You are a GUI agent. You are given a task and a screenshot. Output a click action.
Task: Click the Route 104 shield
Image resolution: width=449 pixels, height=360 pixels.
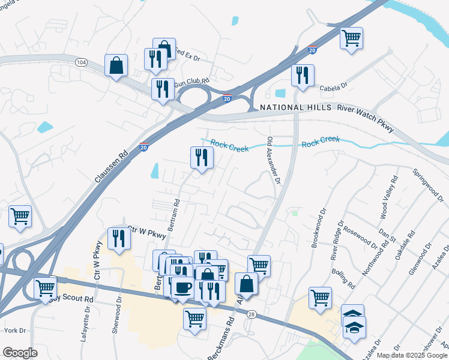click(81, 62)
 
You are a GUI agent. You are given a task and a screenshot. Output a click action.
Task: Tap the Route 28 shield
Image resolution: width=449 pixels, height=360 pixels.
click(252, 314)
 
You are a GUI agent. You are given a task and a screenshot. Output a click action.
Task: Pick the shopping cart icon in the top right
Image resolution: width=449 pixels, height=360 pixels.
click(351, 38)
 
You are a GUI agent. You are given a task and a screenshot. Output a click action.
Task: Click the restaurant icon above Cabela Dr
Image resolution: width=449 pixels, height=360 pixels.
click(301, 76)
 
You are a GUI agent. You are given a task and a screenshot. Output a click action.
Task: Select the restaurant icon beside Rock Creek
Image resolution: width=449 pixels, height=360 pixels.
click(202, 157)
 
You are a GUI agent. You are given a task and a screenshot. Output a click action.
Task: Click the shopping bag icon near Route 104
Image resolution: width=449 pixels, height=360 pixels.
click(116, 65)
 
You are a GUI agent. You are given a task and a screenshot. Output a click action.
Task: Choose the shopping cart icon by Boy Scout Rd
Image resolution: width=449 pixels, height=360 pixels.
click(46, 289)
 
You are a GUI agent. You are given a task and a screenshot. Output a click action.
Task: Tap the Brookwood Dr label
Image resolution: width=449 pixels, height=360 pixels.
click(318, 229)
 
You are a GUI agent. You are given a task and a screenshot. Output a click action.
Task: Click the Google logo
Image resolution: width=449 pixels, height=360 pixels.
click(20, 353)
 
